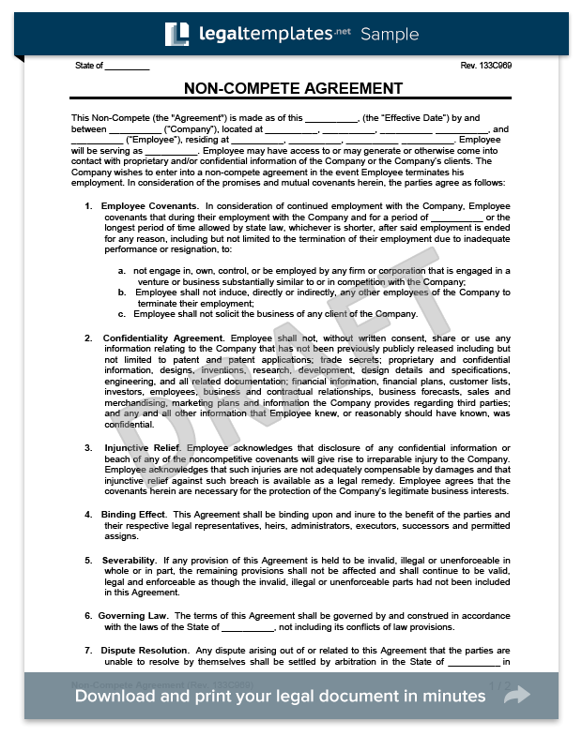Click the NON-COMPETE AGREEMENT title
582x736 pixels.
pos(293,89)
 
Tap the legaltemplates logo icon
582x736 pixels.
pos(176,35)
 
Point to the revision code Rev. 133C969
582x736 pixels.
pos(486,66)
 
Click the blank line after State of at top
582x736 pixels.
pos(128,67)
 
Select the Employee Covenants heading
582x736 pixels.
pos(149,205)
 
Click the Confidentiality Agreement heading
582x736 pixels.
pos(163,338)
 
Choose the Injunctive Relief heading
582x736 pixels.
pos(143,448)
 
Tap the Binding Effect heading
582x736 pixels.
pos(134,514)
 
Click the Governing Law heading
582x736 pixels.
pos(134,615)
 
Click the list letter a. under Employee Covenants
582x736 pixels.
pos(122,271)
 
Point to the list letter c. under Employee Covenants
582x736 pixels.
pos(122,314)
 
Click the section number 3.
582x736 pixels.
pos(87,448)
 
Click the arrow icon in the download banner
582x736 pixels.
pos(516,695)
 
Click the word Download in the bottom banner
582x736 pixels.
pos(117,696)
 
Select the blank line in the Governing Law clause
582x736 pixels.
pos(247,627)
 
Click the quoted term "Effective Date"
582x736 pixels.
pos(409,117)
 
